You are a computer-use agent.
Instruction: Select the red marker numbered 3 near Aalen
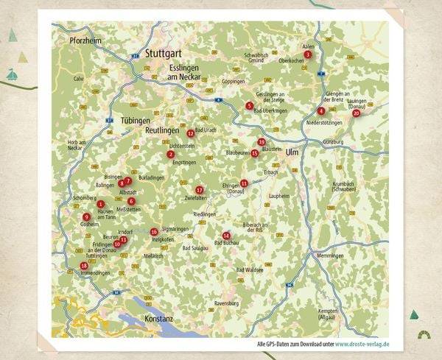click(x=307, y=54)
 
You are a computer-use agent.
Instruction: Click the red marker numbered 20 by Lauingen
click(x=357, y=113)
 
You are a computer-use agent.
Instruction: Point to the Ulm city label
click(x=292, y=151)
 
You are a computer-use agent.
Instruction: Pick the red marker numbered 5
click(x=250, y=106)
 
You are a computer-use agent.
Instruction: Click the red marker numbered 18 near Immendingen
click(x=84, y=266)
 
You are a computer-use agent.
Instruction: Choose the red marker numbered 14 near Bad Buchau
click(x=226, y=236)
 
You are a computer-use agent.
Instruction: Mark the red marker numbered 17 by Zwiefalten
click(x=199, y=190)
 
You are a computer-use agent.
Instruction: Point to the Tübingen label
click(x=135, y=119)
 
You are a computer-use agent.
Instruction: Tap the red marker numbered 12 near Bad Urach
click(x=191, y=133)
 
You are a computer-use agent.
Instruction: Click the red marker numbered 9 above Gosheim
click(x=87, y=216)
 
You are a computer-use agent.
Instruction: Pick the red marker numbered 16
click(x=154, y=232)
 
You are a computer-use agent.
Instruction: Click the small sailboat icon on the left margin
click(x=11, y=74)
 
